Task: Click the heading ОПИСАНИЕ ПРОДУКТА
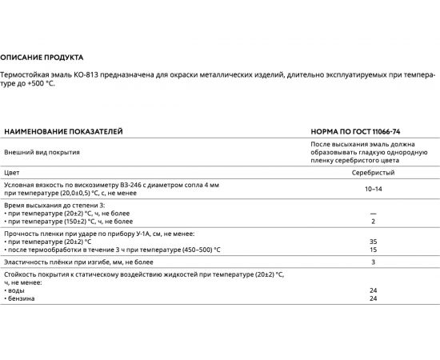[x=41, y=58]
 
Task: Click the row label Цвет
[x=12, y=172]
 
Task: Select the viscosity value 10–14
[x=373, y=189]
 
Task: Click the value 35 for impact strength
[x=373, y=240]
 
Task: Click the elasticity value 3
[x=373, y=262]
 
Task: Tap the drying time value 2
[x=373, y=220]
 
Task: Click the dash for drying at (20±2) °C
[x=373, y=212]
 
